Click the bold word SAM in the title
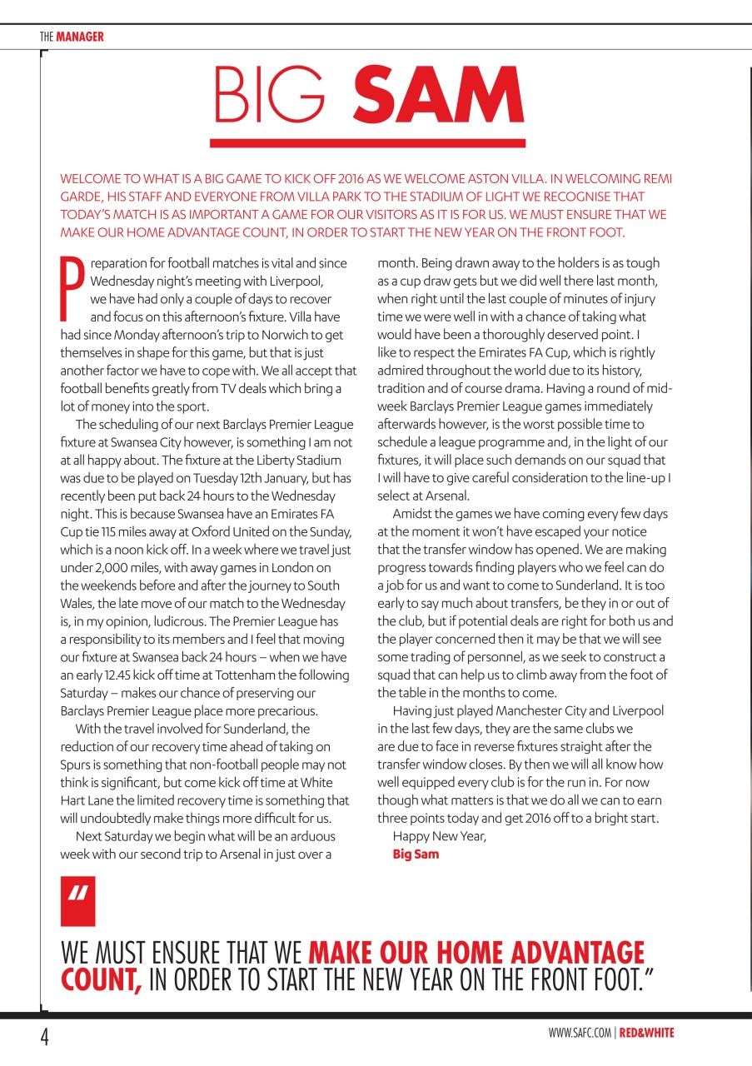coord(439,96)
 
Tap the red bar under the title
coord(367,143)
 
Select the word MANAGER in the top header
coord(80,37)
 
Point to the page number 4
coord(46,1038)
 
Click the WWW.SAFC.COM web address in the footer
coord(581,1034)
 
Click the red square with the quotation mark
coord(78,901)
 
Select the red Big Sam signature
coord(416,854)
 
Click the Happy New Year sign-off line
coord(439,835)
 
